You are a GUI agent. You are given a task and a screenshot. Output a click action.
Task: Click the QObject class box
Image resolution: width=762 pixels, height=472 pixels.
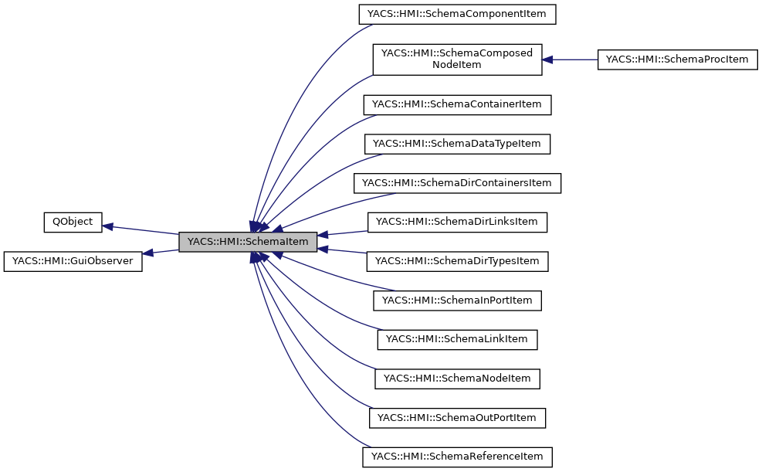73,222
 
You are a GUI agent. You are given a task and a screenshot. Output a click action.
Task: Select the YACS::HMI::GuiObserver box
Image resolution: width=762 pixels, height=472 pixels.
73,261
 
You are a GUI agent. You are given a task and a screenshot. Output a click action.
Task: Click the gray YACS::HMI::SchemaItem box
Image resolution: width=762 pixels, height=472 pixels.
248,242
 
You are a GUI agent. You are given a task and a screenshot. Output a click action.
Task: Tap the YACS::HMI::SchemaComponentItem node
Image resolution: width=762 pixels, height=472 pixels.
457,14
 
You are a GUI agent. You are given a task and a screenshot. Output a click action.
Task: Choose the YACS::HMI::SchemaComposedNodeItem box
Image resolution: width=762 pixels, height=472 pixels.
457,59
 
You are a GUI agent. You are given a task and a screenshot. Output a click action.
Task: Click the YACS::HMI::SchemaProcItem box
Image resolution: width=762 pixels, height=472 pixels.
677,59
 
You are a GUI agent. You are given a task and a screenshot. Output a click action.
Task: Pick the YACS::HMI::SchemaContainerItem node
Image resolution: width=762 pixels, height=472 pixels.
457,104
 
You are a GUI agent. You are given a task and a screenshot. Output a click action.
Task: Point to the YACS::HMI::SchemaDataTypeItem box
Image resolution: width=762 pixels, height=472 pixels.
457,144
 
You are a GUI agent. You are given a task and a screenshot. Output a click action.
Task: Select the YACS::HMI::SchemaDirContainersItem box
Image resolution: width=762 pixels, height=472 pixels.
457,183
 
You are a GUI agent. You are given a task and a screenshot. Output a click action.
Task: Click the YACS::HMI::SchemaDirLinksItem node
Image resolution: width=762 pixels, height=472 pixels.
457,222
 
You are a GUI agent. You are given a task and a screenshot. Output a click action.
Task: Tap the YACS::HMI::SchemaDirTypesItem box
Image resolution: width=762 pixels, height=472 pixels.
457,261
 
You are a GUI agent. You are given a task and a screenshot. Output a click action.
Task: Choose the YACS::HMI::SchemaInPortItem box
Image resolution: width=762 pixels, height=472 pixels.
457,300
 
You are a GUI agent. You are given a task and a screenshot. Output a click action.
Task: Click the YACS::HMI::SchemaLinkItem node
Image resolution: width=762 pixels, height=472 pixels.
457,339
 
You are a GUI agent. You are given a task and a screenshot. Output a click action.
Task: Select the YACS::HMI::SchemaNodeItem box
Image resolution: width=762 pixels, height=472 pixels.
457,379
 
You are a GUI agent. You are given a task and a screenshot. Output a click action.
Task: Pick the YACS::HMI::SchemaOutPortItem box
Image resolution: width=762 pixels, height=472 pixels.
457,418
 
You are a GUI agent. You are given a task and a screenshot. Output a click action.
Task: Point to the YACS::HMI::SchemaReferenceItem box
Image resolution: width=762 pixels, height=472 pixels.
457,457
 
